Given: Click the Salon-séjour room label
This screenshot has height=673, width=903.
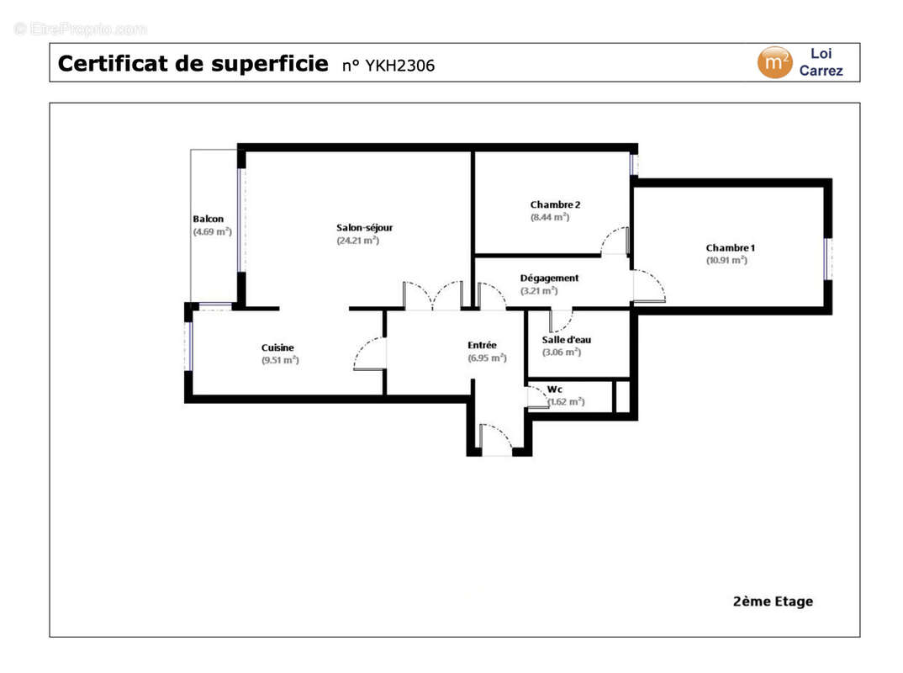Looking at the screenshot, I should pyautogui.click(x=364, y=227).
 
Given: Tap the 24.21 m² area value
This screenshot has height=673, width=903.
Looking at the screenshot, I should pyautogui.click(x=357, y=241).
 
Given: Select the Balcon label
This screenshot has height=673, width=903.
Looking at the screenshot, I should pyautogui.click(x=208, y=220).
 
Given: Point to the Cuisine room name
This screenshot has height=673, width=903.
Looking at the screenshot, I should pyautogui.click(x=277, y=347).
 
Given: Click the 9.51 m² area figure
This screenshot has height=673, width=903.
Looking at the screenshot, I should pyautogui.click(x=280, y=360).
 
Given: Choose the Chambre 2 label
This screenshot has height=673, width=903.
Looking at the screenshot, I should pyautogui.click(x=555, y=204).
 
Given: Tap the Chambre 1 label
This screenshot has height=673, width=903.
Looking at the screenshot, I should pyautogui.click(x=730, y=247).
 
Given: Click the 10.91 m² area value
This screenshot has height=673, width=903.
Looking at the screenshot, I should pyautogui.click(x=726, y=260).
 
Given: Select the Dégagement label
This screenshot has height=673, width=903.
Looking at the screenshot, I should pyautogui.click(x=549, y=278).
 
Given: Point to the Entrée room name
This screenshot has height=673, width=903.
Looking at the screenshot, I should pyautogui.click(x=482, y=345).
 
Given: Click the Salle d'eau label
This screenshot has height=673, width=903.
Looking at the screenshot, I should pyautogui.click(x=566, y=340).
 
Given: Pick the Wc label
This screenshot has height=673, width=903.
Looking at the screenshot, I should pyautogui.click(x=555, y=389).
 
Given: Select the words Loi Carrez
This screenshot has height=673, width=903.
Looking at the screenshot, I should pyautogui.click(x=821, y=62).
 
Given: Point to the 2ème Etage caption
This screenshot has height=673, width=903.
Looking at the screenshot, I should pyautogui.click(x=773, y=601).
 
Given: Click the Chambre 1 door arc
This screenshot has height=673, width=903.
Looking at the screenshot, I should pyautogui.click(x=650, y=286).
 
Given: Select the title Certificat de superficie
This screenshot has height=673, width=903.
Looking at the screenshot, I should pyautogui.click(x=193, y=64).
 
